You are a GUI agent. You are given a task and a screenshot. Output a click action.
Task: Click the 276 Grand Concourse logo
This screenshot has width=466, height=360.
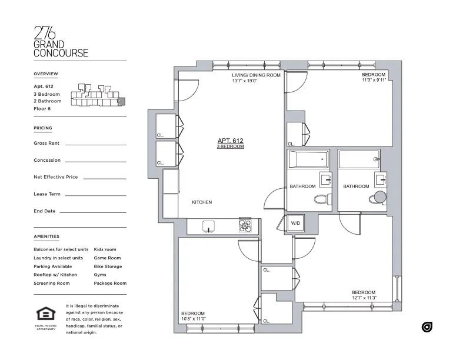(61, 42)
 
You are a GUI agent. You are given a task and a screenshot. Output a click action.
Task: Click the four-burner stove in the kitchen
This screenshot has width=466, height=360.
(245, 225)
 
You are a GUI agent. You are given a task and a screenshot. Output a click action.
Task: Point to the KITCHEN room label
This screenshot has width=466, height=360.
(202, 202)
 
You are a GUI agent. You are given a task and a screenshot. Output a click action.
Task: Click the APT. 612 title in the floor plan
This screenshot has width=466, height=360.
(230, 141)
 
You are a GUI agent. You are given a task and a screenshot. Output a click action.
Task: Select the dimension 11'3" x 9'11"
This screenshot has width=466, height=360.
(373, 81)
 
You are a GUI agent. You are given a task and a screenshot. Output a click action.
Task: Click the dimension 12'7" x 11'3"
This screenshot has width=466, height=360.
(364, 298)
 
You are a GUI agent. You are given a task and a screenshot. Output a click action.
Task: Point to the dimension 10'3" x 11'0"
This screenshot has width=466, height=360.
(192, 318)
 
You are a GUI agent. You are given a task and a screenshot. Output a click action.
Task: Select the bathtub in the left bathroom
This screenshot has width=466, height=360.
(308, 159)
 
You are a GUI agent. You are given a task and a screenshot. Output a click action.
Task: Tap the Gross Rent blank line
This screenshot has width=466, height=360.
(95, 144)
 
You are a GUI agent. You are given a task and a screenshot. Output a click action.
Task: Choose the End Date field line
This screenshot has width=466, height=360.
(92, 212)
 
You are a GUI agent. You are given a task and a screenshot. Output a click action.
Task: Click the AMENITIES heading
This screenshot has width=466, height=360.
(46, 236)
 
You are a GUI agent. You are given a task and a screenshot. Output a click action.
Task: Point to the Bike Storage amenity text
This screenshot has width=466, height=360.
(108, 266)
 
